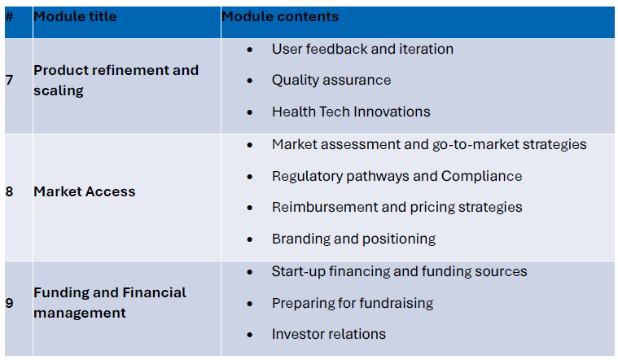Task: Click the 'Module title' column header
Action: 75,16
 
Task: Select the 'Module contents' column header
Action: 280,16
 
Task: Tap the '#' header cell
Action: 9,16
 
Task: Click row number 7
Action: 10,80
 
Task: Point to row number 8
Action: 10,191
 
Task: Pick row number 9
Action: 10,303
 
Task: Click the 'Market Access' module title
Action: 85,191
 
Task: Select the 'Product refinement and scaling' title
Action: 116,80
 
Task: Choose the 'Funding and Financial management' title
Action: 110,302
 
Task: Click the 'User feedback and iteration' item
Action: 362,49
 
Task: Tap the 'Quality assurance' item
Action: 331,80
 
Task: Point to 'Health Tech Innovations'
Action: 351,112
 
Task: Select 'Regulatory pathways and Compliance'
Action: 397,176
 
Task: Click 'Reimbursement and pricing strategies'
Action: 397,207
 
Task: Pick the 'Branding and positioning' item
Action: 353,239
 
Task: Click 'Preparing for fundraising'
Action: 353,303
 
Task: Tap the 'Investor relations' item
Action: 329,334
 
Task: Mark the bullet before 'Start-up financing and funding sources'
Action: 249,272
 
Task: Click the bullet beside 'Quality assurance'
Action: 249,81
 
